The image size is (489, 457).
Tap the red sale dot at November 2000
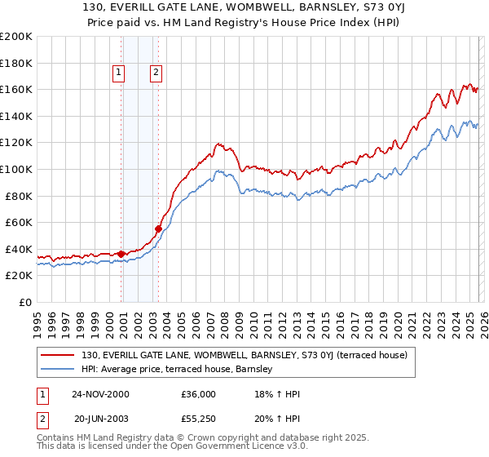coord(121,254)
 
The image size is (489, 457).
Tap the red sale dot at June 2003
coord(158,228)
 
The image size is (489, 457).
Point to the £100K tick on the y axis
coord(16,169)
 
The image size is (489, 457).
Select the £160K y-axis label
coord(16,89)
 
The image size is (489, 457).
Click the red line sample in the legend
coord(58,355)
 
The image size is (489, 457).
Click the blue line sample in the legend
coord(58,370)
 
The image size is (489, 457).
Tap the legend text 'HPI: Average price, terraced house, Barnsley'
coord(182,370)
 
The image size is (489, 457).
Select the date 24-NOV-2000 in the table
coord(101,394)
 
